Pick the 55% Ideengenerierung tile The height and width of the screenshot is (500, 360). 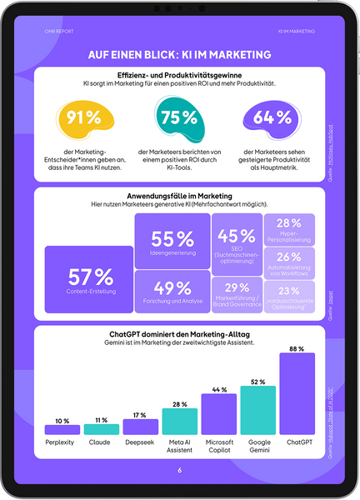[x=172, y=241]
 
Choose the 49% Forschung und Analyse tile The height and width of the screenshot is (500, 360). [x=172, y=292]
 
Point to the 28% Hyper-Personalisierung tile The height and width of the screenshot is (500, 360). [x=289, y=228]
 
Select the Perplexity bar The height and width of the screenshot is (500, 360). [x=62, y=429]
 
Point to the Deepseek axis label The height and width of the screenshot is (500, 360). [x=140, y=444]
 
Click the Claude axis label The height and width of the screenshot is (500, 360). [x=101, y=444]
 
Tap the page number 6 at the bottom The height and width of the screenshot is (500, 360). [x=179, y=470]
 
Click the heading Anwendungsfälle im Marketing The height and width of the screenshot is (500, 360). [x=180, y=196]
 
